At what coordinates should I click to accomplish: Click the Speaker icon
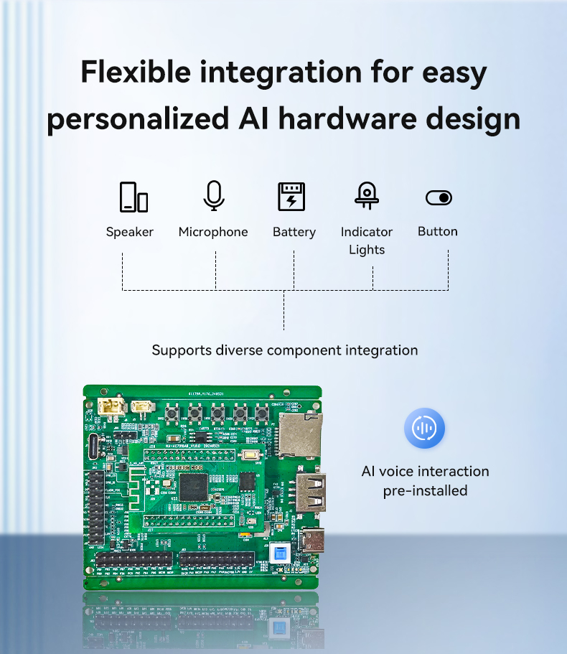click(133, 197)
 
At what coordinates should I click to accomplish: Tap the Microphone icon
click(213, 195)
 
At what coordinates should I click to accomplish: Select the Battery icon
click(291, 197)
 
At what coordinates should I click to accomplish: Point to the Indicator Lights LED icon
click(366, 195)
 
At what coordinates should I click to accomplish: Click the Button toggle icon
click(439, 197)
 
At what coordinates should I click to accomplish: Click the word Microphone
click(213, 232)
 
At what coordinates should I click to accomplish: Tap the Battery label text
click(294, 232)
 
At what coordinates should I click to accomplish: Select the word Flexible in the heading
click(136, 73)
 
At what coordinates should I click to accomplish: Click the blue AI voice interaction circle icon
click(424, 429)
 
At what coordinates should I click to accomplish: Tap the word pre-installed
click(424, 491)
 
